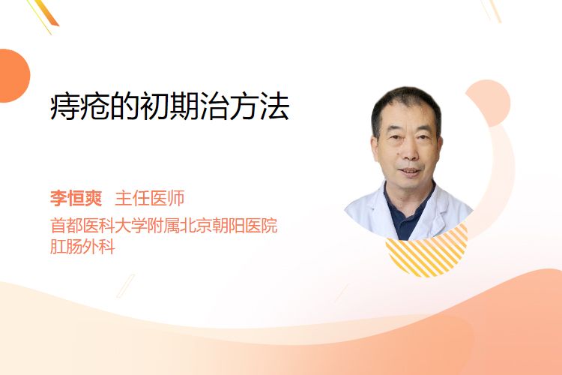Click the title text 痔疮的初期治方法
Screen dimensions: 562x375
click(169, 106)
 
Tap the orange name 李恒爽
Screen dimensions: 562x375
click(76, 198)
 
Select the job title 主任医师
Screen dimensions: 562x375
click(149, 198)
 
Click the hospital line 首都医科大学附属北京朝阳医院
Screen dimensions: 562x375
click(164, 226)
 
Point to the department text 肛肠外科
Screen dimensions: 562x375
click(82, 247)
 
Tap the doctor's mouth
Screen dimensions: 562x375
click(410, 172)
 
